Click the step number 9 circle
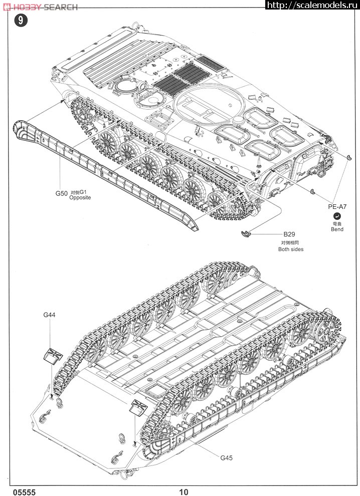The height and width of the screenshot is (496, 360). click(20, 21)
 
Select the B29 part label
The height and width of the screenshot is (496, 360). click(289, 234)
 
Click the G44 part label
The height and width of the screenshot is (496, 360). click(49, 315)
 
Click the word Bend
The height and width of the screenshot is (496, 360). click(337, 229)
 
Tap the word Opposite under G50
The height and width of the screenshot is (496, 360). click(80, 197)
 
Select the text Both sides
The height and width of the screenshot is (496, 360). click(291, 249)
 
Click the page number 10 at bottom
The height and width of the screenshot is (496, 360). click(184, 492)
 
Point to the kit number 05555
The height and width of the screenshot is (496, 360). click(18, 492)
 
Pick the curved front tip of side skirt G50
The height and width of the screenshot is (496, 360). click(21, 131)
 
